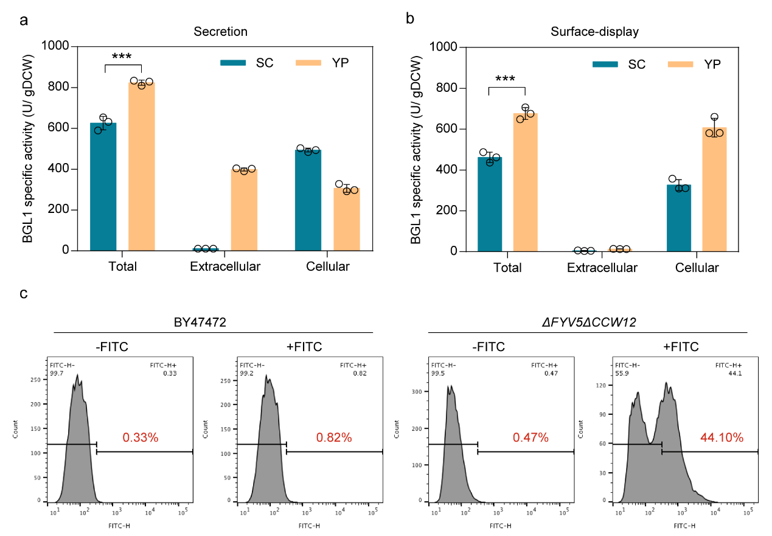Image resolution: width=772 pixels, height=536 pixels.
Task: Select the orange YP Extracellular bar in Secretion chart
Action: tap(244, 210)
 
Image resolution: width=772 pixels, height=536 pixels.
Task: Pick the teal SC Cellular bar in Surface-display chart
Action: tap(678, 218)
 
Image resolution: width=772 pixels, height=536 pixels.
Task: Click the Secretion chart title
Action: tap(220, 31)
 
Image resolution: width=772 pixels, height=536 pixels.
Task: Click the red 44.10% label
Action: tap(718, 437)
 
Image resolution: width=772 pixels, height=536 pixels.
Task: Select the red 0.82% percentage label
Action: tap(334, 437)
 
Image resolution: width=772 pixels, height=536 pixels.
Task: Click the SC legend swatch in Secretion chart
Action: tap(233, 62)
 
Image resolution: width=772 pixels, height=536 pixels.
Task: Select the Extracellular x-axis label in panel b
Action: tap(602, 268)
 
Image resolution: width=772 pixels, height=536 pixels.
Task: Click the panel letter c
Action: tap(23, 294)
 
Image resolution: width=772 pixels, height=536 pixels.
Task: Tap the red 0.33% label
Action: tap(141, 437)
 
